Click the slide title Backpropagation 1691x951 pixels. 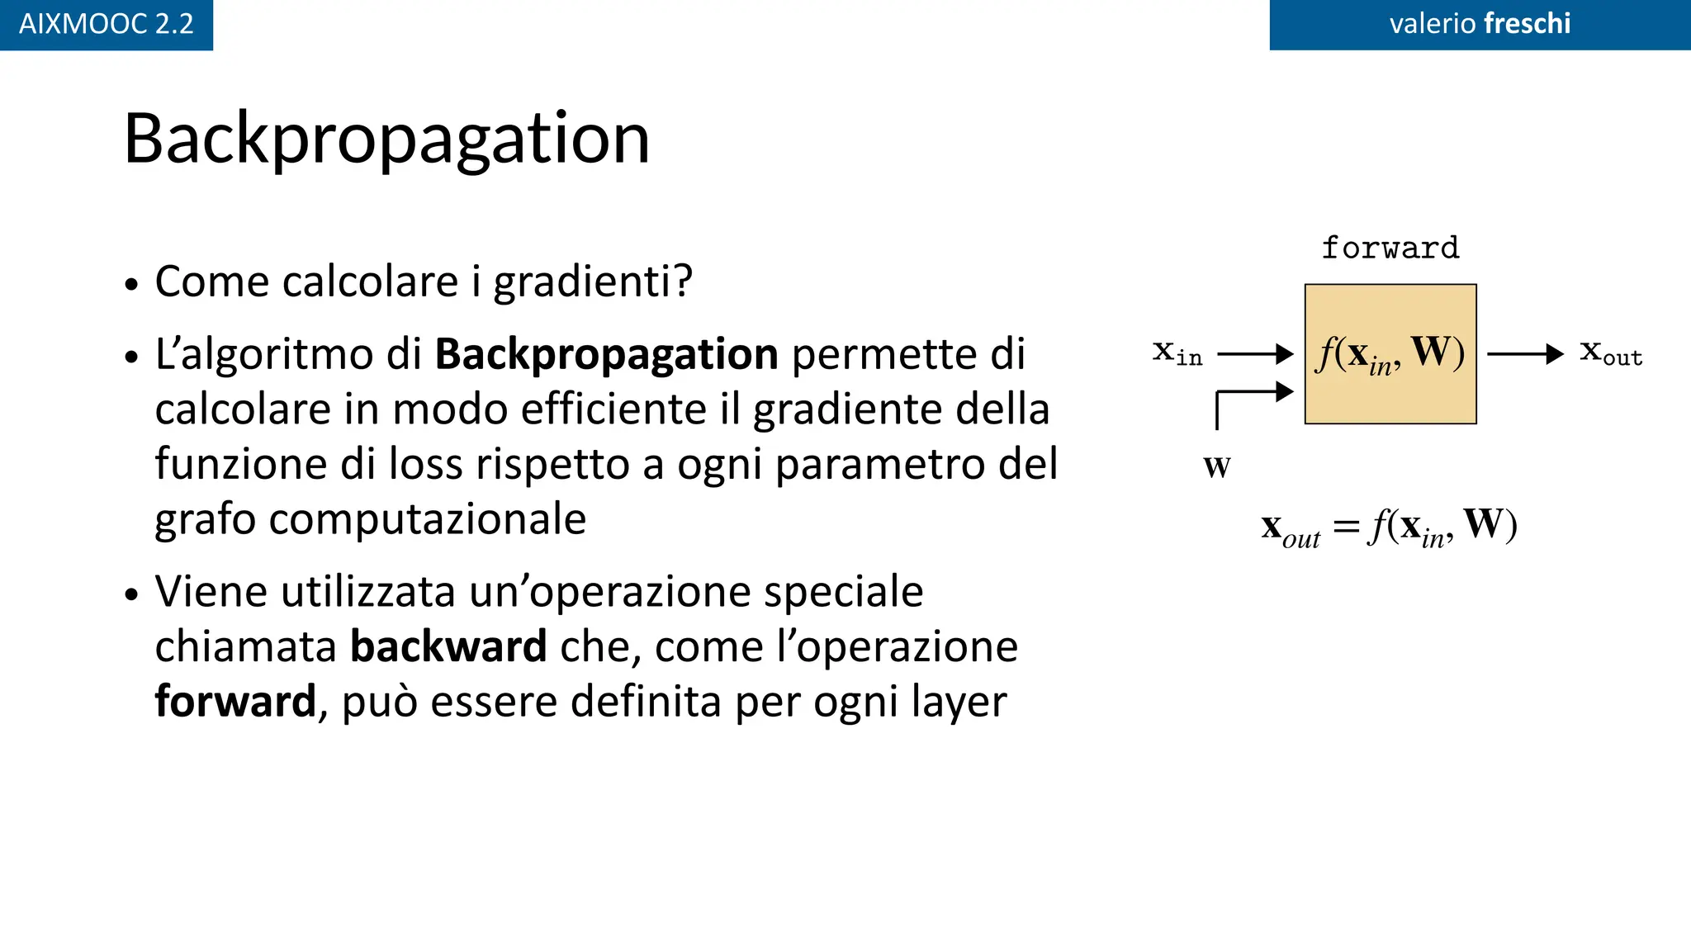tap(386, 139)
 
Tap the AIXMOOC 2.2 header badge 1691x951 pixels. tap(106, 24)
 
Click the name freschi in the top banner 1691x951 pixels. tap(1527, 23)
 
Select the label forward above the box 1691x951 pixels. tap(1390, 248)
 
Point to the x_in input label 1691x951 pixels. tap(1177, 353)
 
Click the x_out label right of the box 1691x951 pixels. tap(1610, 353)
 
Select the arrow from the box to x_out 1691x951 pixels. tap(1524, 354)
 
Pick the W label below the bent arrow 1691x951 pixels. tap(1216, 467)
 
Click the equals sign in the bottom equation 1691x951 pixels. tap(1346, 526)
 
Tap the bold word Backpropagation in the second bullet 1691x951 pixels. tap(606, 354)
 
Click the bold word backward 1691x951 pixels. tap(448, 646)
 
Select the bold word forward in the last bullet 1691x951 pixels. tap(235, 702)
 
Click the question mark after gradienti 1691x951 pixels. tap(682, 282)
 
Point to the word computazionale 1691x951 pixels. tap(427, 519)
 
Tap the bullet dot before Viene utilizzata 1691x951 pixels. tap(132, 594)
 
